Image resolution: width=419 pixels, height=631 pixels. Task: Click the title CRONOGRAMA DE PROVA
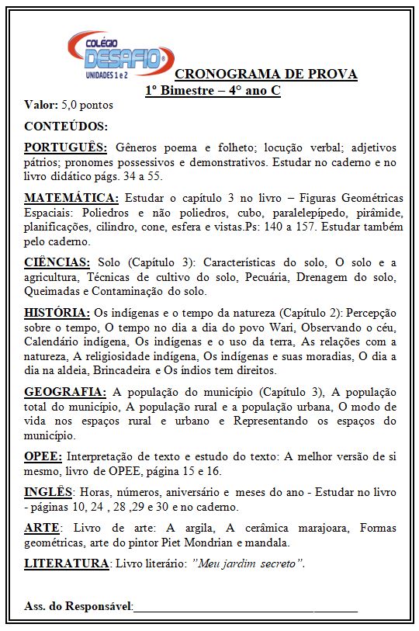266,75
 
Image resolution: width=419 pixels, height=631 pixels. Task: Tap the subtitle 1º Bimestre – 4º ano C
213,90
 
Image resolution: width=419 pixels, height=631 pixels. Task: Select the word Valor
40,104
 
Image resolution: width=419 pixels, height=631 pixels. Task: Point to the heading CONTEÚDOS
66,126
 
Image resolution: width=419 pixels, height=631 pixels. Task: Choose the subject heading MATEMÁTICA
71,197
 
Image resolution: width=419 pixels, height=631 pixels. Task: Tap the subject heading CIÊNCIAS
57,262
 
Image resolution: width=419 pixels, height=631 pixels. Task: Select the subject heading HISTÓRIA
57,312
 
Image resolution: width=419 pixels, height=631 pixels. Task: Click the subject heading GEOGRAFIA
64,391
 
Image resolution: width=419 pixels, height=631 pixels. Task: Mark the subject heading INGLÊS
49,492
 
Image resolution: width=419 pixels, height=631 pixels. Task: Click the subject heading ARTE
41,528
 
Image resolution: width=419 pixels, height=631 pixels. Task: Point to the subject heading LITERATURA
66,563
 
